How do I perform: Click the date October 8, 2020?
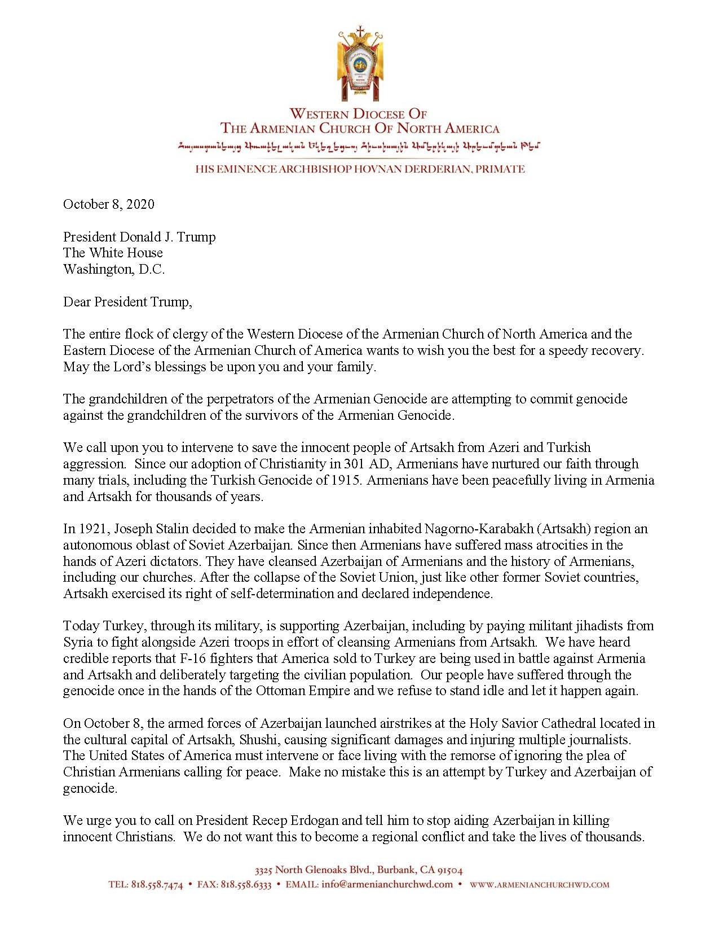(x=108, y=204)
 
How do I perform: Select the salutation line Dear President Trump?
(x=127, y=302)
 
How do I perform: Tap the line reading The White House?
(x=113, y=253)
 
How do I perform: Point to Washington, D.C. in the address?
(x=114, y=269)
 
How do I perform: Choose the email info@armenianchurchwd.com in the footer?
(x=387, y=884)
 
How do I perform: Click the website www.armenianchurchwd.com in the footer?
(x=539, y=885)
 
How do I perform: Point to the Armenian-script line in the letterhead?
(x=359, y=147)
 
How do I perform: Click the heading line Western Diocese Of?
(x=359, y=113)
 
